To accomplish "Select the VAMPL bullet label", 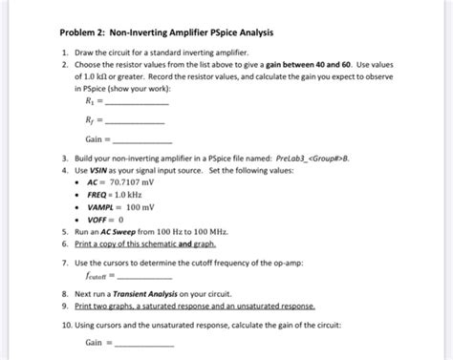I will [x=102, y=205].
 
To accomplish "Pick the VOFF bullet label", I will [x=98, y=219].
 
